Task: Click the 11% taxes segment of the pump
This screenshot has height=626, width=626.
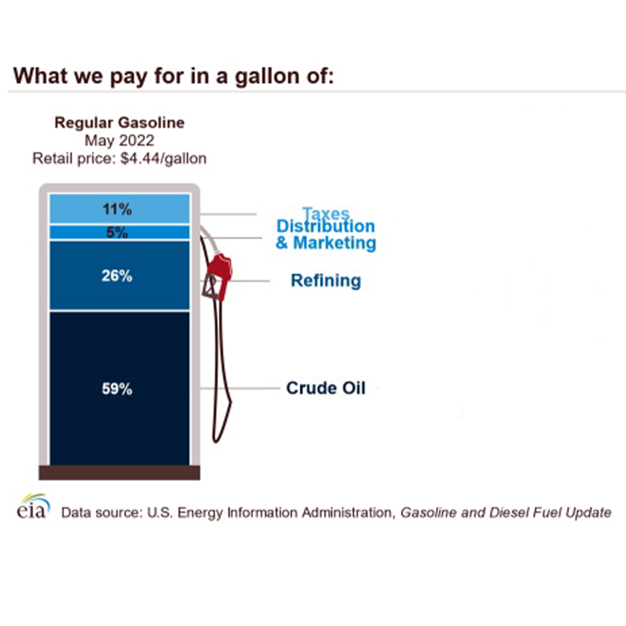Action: [x=119, y=209]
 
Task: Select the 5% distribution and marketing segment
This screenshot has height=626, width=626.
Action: [x=119, y=232]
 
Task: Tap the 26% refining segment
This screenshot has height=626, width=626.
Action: [x=119, y=275]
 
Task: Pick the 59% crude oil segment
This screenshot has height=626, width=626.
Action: [x=119, y=388]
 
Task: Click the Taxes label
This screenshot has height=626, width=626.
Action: [x=326, y=213]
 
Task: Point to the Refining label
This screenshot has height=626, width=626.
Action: [x=326, y=281]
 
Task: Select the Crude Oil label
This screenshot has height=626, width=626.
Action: [x=326, y=388]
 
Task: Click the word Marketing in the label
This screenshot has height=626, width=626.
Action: [x=334, y=243]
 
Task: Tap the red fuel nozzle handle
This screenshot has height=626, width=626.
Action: [x=220, y=275]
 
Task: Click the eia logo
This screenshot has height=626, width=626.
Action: [x=34, y=506]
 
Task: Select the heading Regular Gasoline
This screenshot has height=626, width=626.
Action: [x=119, y=122]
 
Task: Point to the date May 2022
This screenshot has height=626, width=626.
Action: [x=119, y=140]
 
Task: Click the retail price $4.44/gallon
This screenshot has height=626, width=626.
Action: [x=163, y=158]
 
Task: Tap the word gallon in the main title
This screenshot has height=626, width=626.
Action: [x=267, y=76]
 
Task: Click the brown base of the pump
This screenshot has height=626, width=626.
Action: [x=119, y=472]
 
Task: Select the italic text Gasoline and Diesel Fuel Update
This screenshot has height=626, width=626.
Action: [x=506, y=512]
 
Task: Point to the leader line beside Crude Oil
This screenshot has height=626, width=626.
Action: [x=240, y=388]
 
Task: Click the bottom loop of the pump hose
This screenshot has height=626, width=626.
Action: [x=217, y=438]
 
